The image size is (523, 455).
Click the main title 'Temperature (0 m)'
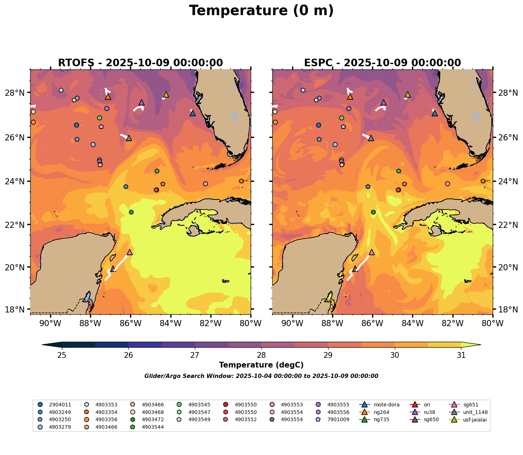pos(261,11)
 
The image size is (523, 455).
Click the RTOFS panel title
pos(140,63)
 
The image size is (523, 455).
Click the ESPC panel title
pos(382,63)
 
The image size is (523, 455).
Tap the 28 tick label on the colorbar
pos(261,355)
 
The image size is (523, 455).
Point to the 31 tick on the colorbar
pos(461,355)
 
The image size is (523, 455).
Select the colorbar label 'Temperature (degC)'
pos(261,365)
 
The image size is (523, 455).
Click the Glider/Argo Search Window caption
pos(261,376)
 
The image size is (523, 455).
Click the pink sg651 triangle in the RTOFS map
pos(130,252)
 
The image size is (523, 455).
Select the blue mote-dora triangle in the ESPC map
pos(435,113)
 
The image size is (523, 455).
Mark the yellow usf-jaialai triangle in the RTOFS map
pos(166,94)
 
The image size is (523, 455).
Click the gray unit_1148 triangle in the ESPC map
pos(371,138)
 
